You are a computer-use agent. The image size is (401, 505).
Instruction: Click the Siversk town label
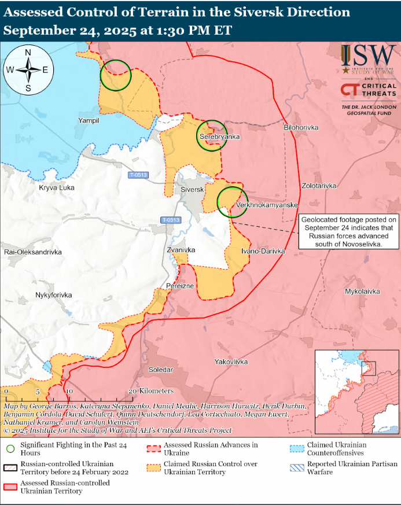(x=193, y=190)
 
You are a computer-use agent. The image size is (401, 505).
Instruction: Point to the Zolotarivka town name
(x=319, y=186)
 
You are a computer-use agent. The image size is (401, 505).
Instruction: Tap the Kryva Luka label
(x=57, y=187)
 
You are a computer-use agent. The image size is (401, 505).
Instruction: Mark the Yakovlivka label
(x=231, y=362)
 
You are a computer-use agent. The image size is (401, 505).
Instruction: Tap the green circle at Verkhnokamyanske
(x=232, y=201)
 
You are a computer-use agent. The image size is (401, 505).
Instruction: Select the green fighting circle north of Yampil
(x=116, y=75)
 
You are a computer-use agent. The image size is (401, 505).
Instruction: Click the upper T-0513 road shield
(x=138, y=175)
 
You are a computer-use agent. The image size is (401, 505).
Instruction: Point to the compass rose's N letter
(x=28, y=53)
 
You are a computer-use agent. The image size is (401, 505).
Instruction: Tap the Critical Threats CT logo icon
(x=350, y=90)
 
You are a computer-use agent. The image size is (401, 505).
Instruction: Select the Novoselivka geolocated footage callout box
(x=349, y=232)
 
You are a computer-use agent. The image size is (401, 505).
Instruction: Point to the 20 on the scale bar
(x=132, y=391)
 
